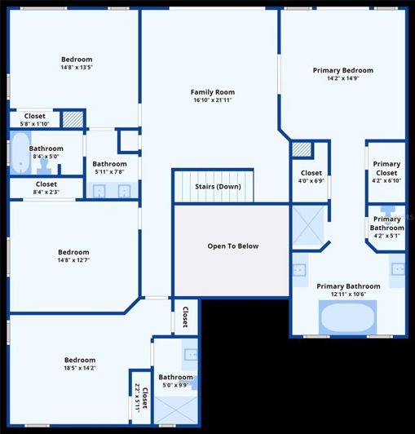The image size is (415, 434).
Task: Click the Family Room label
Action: pyautogui.click(x=213, y=92)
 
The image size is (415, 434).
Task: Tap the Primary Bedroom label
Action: pyautogui.click(x=343, y=70)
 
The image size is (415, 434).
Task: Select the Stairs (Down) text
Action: pyautogui.click(x=218, y=187)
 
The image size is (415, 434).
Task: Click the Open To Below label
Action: pyautogui.click(x=232, y=246)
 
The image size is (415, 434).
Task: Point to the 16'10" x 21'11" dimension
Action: pyautogui.click(x=213, y=100)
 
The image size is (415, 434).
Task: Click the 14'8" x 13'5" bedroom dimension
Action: pyautogui.click(x=77, y=68)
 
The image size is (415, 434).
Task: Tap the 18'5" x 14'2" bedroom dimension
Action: pyautogui.click(x=80, y=369)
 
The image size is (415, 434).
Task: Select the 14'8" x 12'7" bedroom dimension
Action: pyautogui.click(x=73, y=261)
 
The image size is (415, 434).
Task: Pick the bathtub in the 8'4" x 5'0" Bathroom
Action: pyautogui.click(x=20, y=152)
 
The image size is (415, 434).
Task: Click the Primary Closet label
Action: pyautogui.click(x=386, y=169)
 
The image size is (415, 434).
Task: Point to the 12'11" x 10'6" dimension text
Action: pyautogui.click(x=348, y=295)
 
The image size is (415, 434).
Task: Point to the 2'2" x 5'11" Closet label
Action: pyautogui.click(x=141, y=398)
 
